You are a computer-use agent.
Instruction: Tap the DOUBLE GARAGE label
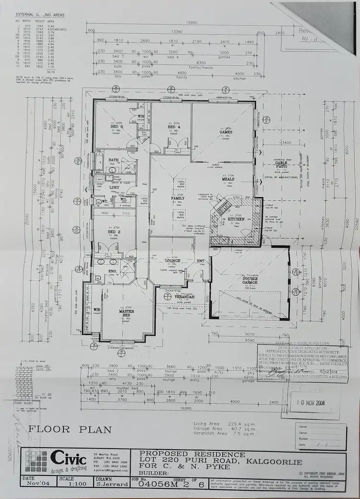click(250, 280)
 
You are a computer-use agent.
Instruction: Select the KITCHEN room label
click(236, 219)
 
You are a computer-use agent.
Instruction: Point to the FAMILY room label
click(178, 197)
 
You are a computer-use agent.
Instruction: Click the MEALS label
click(228, 179)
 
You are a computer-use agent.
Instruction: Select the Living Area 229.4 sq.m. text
click(217, 424)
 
